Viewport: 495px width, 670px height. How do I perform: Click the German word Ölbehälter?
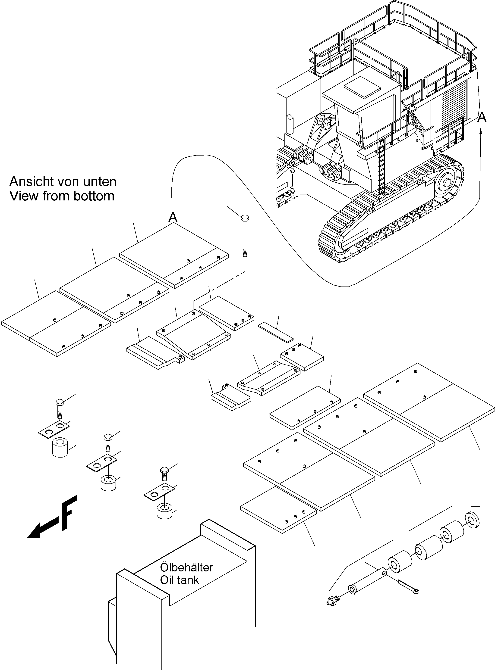pos(186,567)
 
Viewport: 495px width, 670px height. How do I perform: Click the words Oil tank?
pos(180,580)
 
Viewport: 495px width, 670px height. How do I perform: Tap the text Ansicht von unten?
pos(63,181)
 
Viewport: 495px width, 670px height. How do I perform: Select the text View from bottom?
pos(62,196)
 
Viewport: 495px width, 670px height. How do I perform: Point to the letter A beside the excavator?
pos(482,117)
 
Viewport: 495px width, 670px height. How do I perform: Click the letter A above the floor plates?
pos(173,217)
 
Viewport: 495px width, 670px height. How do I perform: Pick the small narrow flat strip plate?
pos(276,332)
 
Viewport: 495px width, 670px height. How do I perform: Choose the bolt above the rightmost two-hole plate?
pos(164,474)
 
